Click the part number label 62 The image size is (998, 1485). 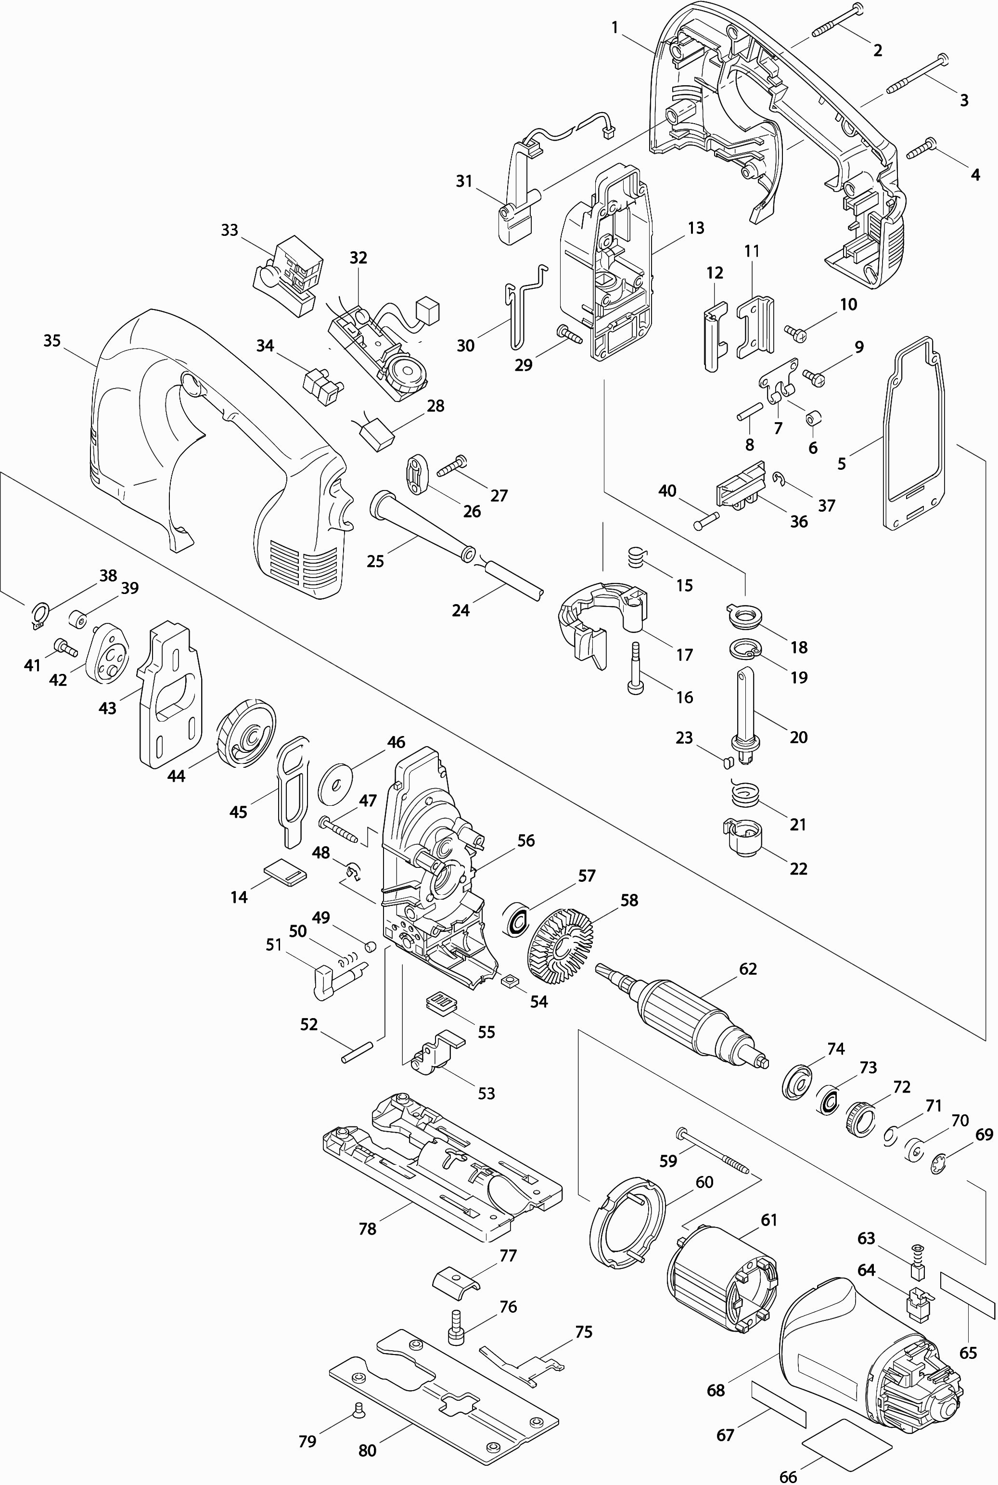tap(748, 969)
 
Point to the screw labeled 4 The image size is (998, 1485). tap(921, 149)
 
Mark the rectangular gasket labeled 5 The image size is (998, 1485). tap(915, 433)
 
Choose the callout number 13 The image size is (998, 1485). tap(696, 227)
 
